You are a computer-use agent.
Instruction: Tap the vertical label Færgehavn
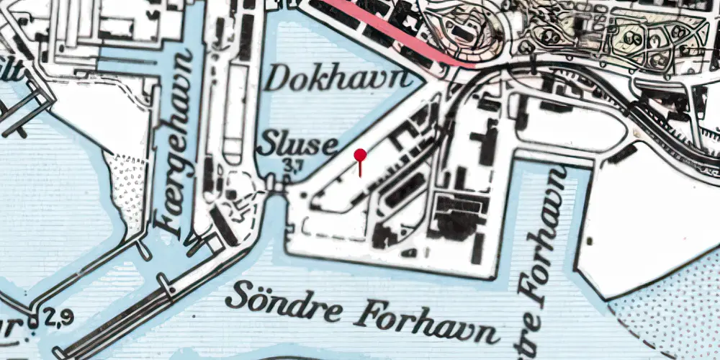pyautogui.click(x=171, y=144)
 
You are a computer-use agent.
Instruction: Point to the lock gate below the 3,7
pyautogui.click(x=276, y=186)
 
